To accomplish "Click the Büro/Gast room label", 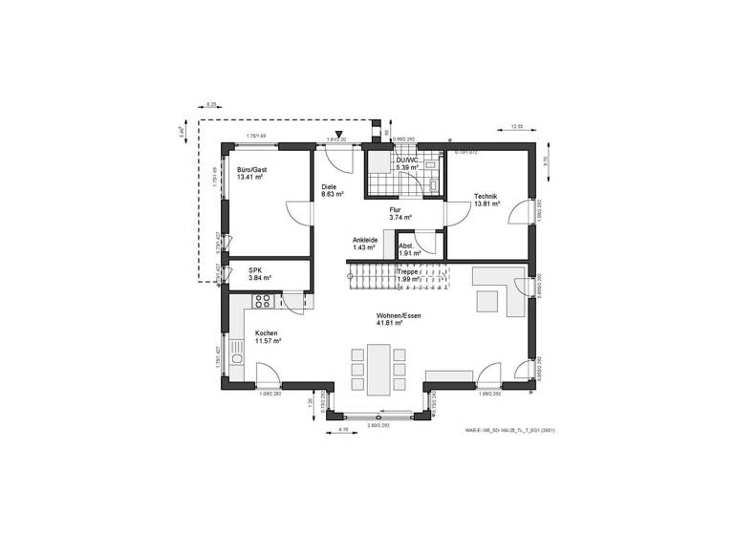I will coord(252,169).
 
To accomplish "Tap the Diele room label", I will coord(329,187).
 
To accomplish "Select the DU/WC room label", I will coord(395,160).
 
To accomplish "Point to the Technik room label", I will coord(486,197).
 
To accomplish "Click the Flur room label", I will coord(394,209).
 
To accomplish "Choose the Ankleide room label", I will coord(365,240).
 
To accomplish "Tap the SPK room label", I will coord(255,270).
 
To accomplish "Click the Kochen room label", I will coord(266,333).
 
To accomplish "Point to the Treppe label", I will coord(408,271).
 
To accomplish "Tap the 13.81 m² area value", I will coord(487,204).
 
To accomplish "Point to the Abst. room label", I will coord(408,246).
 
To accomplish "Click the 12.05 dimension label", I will coord(517,126).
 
